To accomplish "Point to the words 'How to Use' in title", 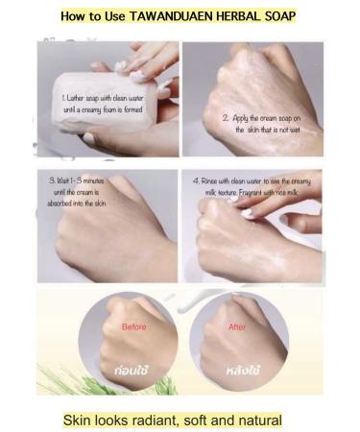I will coord(93,16).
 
